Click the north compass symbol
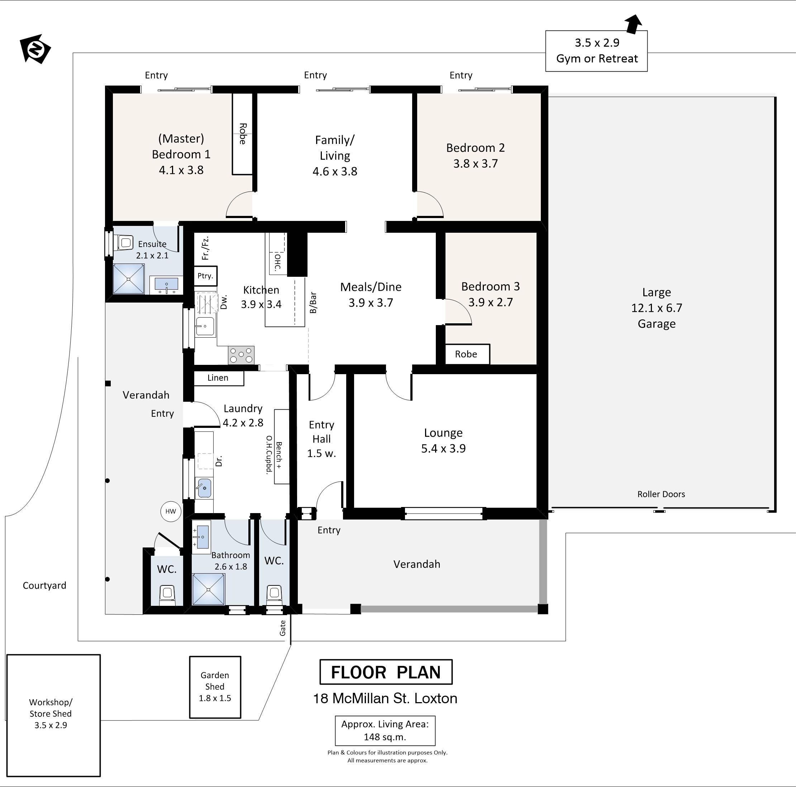click(x=35, y=49)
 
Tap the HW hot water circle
click(x=171, y=512)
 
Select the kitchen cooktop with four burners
click(x=241, y=355)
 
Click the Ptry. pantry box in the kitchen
click(x=205, y=276)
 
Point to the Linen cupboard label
click(x=218, y=378)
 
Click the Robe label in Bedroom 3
click(x=466, y=354)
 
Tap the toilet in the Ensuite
click(x=124, y=242)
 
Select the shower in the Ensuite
click(x=129, y=279)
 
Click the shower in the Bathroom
click(x=209, y=589)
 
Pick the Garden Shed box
click(x=215, y=687)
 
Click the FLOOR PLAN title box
click(x=386, y=672)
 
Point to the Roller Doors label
click(x=661, y=494)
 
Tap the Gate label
click(x=283, y=628)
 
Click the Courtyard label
click(x=44, y=586)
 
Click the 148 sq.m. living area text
click(x=385, y=737)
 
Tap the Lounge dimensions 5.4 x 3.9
click(x=443, y=448)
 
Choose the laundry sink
click(x=204, y=488)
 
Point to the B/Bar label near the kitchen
click(x=313, y=303)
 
